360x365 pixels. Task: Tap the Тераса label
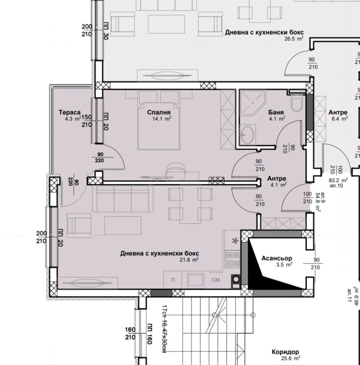pyautogui.click(x=70, y=113)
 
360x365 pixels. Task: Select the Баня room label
pyautogui.click(x=276, y=113)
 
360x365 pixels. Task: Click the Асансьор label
pyautogui.click(x=277, y=258)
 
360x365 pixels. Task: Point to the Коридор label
pyautogui.click(x=285, y=352)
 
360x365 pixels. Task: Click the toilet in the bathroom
pyautogui.click(x=296, y=103)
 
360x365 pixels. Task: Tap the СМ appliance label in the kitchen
pyautogui.click(x=216, y=280)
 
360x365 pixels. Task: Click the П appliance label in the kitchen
pyautogui.click(x=173, y=280)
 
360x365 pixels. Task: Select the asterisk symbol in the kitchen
pyautogui.click(x=235, y=241)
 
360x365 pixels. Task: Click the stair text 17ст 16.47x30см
pyautogui.click(x=164, y=328)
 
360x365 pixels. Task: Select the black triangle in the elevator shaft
pyautogui.click(x=264, y=271)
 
